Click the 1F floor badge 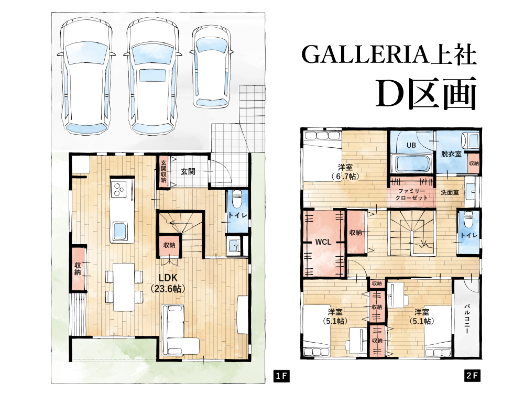coord(281,376)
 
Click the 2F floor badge coord(473,376)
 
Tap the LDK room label coord(168,283)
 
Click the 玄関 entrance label coord(188,171)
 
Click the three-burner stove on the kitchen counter coord(118,189)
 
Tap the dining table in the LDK coord(124,287)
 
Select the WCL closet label coord(323,242)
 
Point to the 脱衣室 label coord(451,154)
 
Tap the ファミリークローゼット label coord(411,194)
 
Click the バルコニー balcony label coord(466,319)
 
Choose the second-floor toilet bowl coord(469,219)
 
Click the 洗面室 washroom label coord(450,192)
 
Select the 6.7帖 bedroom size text coord(345,176)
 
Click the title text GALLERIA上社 coord(389,54)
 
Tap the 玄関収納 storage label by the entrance coord(163,171)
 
